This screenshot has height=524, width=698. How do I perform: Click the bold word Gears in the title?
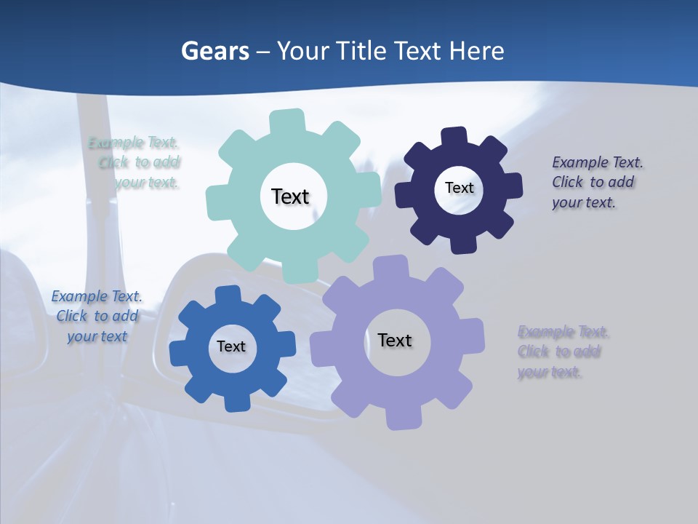coord(215,51)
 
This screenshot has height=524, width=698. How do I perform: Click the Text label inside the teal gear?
coord(290,196)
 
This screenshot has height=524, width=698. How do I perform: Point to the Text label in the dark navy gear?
coord(460,188)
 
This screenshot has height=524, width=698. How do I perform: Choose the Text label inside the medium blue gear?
coord(231,346)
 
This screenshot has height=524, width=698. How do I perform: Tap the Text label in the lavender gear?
coord(395,340)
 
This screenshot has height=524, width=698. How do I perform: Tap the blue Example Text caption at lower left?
coord(97,316)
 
